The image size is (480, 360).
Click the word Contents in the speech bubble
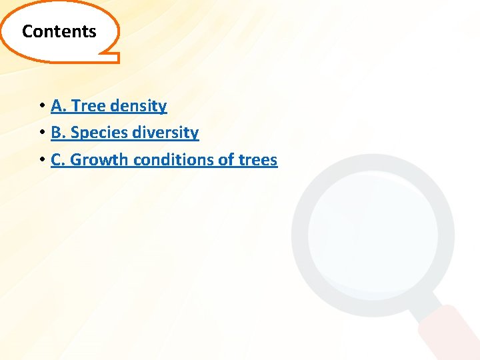[59, 31]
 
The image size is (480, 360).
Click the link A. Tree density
[109, 106]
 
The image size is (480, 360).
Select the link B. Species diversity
[125, 133]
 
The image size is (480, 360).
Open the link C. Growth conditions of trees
[164, 160]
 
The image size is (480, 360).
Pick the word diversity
[167, 133]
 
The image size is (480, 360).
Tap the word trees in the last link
[256, 160]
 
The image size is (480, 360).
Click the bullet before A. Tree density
[41, 106]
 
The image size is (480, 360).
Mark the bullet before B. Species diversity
[41, 133]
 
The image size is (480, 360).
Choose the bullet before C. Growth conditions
[41, 160]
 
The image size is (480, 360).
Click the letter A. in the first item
[58, 106]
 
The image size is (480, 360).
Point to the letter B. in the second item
[58, 133]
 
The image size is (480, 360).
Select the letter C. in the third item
[58, 160]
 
